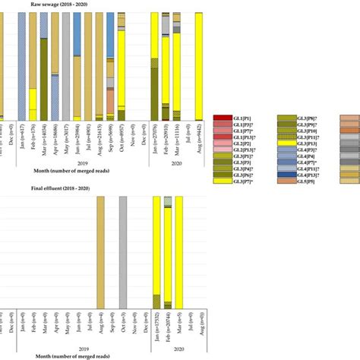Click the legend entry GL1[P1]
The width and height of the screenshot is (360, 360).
(231, 118)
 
